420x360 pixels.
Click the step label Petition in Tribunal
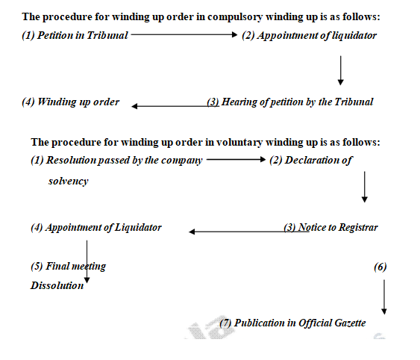(x=75, y=35)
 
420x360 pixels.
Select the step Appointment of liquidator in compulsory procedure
(x=310, y=35)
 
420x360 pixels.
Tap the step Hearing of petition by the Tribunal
(x=289, y=102)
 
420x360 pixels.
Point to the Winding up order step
(x=70, y=102)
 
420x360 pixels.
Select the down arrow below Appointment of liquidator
(x=340, y=71)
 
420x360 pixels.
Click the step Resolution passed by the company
(x=116, y=160)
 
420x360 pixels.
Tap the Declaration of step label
(x=311, y=160)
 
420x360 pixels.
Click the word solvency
(x=68, y=181)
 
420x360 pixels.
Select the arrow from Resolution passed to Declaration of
(x=236, y=160)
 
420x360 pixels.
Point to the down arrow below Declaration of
(x=365, y=187)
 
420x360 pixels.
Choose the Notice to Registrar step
(x=330, y=227)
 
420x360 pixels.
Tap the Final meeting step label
(x=68, y=266)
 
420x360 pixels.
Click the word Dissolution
(x=57, y=285)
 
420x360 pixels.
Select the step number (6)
(x=380, y=267)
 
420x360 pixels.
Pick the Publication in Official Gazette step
(x=292, y=323)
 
